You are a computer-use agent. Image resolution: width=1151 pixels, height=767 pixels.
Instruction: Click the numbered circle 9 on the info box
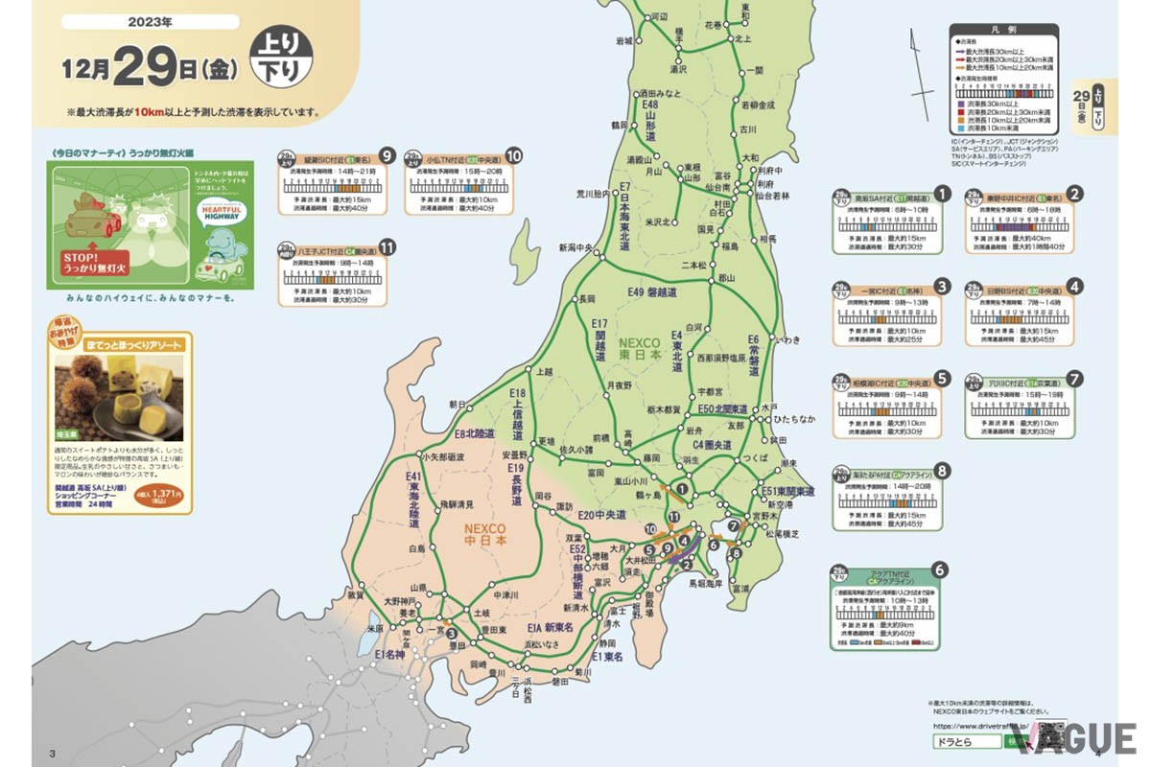388,154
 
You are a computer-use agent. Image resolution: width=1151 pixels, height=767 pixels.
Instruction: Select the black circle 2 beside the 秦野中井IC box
1075,193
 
